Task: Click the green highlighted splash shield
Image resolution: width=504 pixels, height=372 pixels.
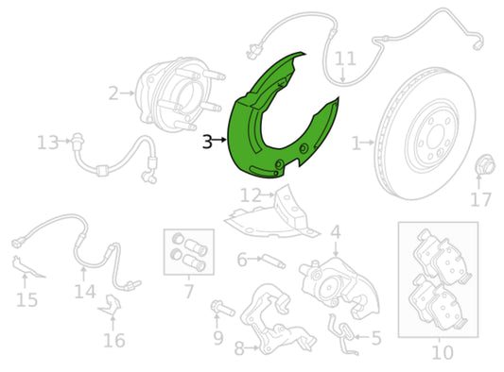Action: pyautogui.click(x=260, y=123)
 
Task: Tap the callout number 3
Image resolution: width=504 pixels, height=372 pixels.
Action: pyautogui.click(x=207, y=142)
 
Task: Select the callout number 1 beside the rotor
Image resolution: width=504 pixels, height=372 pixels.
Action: pyautogui.click(x=356, y=144)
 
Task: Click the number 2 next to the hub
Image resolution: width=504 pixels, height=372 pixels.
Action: pyautogui.click(x=113, y=93)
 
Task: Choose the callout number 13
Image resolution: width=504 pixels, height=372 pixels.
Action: pyautogui.click(x=47, y=143)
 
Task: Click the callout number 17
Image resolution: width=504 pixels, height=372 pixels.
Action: pyautogui.click(x=480, y=199)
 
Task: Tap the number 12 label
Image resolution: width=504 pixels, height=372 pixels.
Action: pyautogui.click(x=250, y=195)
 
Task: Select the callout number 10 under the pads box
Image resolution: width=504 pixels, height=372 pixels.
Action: pyautogui.click(x=442, y=352)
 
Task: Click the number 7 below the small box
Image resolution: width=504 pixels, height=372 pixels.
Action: pyautogui.click(x=189, y=292)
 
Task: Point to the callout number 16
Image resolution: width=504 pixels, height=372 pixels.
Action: pyautogui.click(x=113, y=340)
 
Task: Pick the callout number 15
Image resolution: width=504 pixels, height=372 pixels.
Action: pyautogui.click(x=26, y=300)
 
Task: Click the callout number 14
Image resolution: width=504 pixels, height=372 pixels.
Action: pyautogui.click(x=85, y=291)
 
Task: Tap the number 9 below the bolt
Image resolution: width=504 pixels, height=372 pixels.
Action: pyautogui.click(x=218, y=337)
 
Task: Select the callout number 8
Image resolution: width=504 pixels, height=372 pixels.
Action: pyautogui.click(x=239, y=348)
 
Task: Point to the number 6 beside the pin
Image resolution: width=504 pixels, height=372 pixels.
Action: pyautogui.click(x=242, y=260)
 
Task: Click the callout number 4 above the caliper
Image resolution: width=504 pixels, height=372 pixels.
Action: pyautogui.click(x=335, y=232)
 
